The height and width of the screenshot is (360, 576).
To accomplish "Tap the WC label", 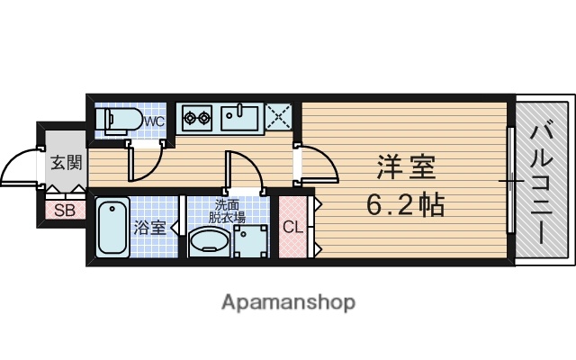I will coord(153,121).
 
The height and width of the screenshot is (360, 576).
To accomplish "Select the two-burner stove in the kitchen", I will coord(195,116).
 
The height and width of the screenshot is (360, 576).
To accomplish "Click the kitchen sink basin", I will coord(240,117).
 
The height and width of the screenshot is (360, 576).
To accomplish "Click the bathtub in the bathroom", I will coord(112,227).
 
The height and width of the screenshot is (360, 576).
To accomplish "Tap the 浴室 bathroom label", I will coord(150,227).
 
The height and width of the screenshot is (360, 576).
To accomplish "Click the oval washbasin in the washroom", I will coord(211,242).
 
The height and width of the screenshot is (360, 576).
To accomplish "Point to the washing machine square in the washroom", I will coord(250,240).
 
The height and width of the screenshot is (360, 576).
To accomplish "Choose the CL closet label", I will coord(293,227).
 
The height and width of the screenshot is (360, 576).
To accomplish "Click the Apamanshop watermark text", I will coord(288,301).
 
